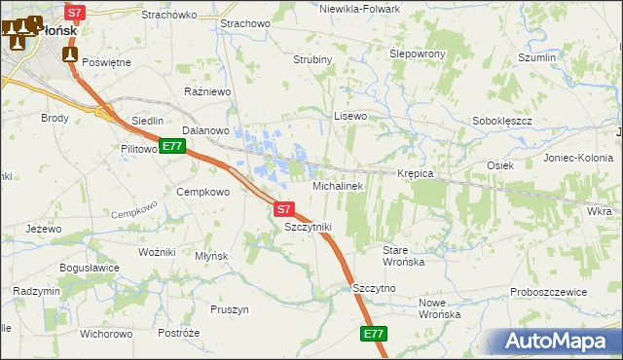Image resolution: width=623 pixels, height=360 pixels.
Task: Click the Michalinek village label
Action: click(x=337, y=185)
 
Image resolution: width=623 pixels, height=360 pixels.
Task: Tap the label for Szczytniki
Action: click(x=308, y=227)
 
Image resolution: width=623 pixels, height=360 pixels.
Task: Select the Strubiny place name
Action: click(x=313, y=59)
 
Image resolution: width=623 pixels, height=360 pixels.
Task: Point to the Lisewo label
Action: click(x=350, y=116)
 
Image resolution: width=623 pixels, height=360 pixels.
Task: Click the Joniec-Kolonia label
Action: click(x=576, y=158)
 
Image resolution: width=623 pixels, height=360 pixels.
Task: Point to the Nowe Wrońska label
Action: click(x=439, y=308)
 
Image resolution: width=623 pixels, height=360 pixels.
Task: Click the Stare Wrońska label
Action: click(x=403, y=256)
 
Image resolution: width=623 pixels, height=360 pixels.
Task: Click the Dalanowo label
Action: click(x=205, y=129)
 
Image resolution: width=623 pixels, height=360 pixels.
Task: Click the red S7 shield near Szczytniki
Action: click(x=282, y=208)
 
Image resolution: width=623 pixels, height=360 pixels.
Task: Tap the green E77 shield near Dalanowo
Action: click(x=171, y=147)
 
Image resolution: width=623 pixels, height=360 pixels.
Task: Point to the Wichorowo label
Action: click(x=106, y=334)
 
